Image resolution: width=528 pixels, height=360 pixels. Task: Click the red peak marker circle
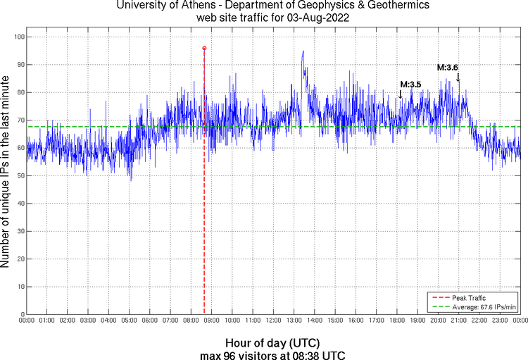click(x=204, y=48)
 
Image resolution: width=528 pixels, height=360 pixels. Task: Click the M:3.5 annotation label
click(x=410, y=85)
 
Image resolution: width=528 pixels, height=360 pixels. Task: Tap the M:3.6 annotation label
click(x=448, y=68)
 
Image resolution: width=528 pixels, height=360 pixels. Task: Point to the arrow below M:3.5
click(x=400, y=94)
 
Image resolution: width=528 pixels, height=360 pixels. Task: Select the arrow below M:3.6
click(x=458, y=77)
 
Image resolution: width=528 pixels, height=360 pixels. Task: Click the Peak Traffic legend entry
click(x=468, y=298)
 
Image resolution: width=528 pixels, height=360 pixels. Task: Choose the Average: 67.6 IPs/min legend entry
click(x=484, y=307)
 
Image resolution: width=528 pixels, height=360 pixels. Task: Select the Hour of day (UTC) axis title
click(x=273, y=342)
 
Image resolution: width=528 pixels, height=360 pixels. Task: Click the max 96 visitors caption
click(x=273, y=354)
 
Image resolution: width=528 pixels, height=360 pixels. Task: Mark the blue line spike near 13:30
click(x=303, y=51)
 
